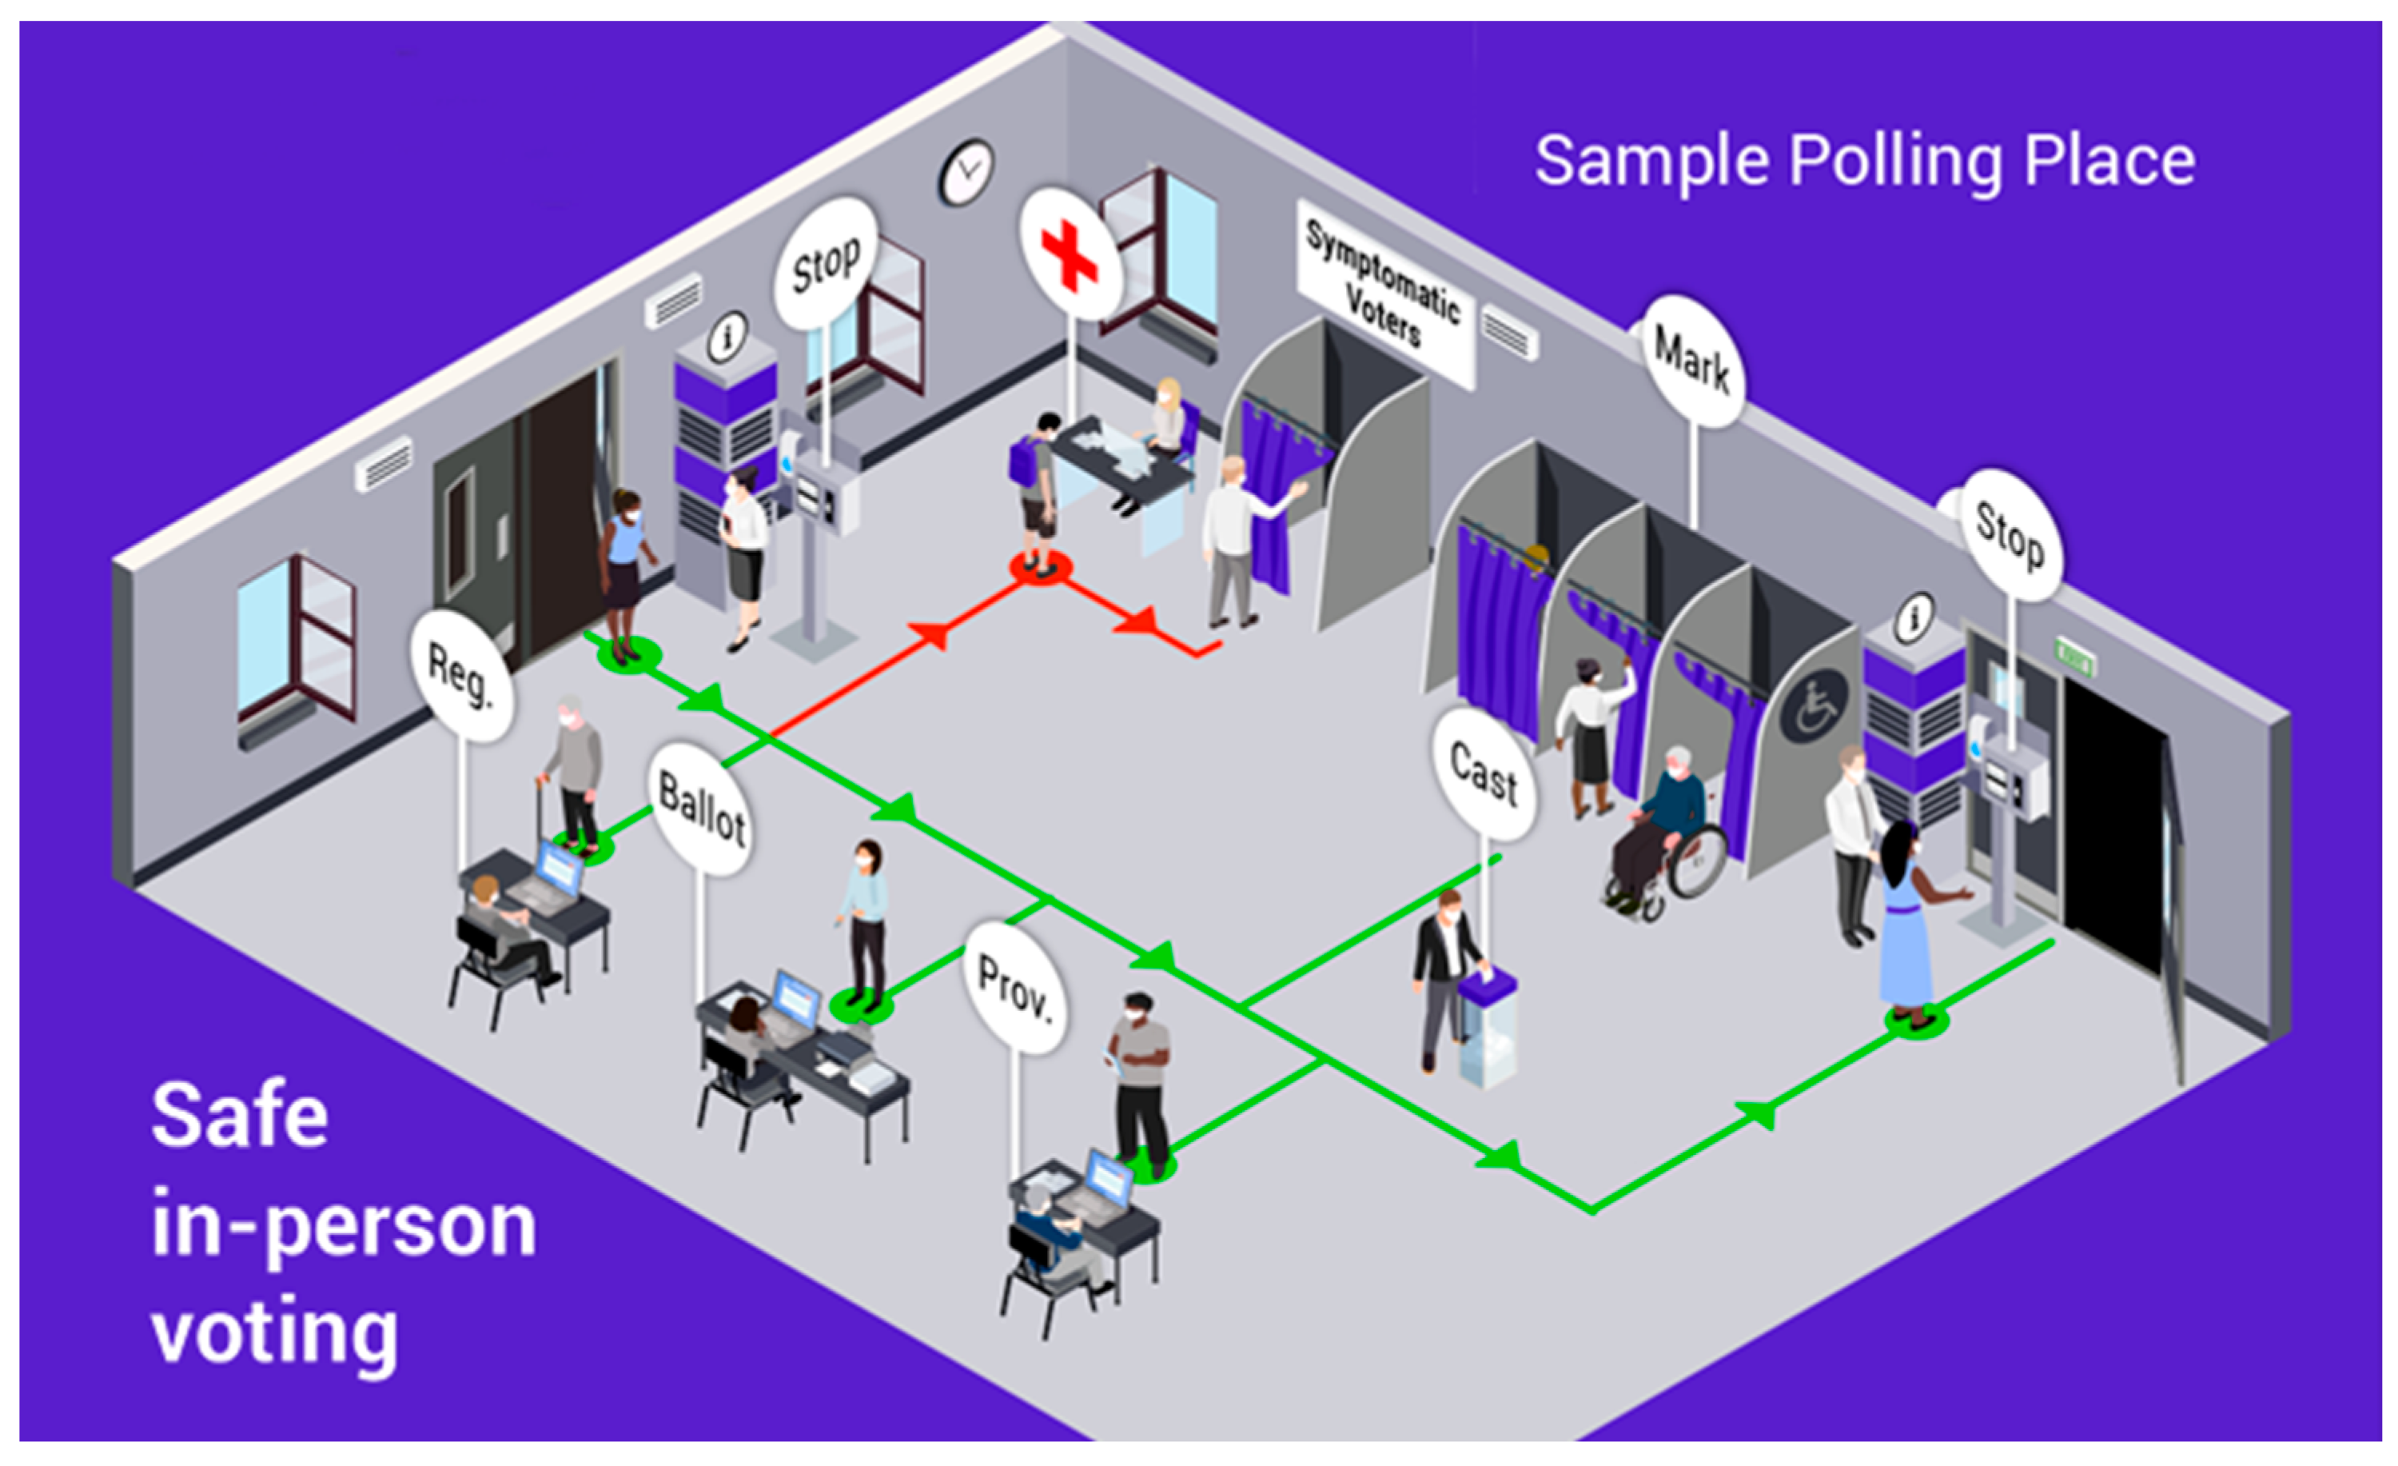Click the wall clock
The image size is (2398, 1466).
(966, 172)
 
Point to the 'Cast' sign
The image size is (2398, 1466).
(1484, 774)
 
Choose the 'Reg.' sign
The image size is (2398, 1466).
(460, 676)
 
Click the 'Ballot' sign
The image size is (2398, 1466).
(701, 808)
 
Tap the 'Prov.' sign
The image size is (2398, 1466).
(1015, 987)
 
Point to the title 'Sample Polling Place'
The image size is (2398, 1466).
(1864, 161)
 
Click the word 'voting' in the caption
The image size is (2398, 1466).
(274, 1333)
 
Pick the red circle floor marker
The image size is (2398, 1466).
(1041, 568)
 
